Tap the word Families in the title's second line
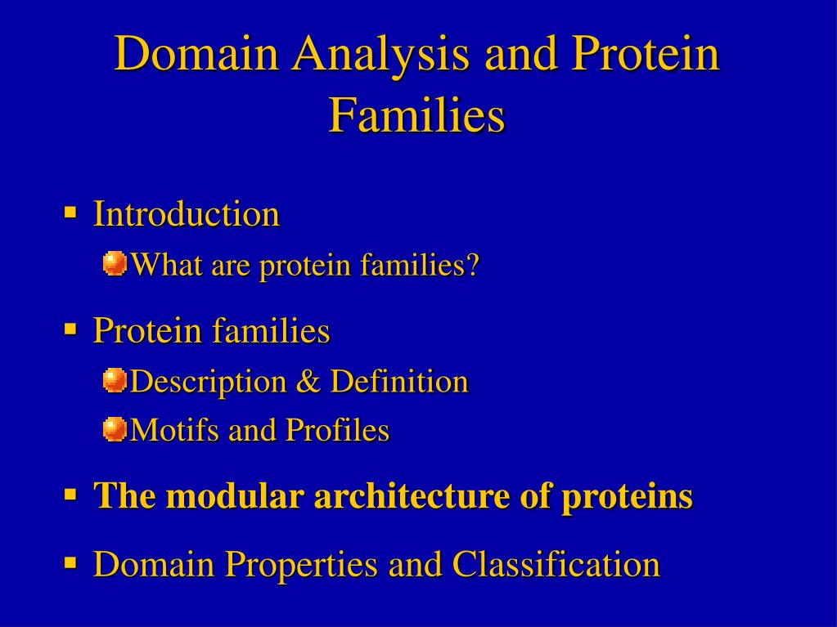click(416, 114)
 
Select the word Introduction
click(187, 214)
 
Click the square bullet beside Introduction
click(70, 213)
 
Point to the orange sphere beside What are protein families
click(115, 263)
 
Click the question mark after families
click(473, 264)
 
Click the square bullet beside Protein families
click(70, 329)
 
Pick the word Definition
click(399, 381)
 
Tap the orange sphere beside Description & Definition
click(115, 380)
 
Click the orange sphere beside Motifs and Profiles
click(115, 429)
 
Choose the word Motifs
click(174, 430)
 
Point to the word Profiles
click(337, 430)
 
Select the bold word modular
click(235, 495)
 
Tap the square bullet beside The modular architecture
click(70, 495)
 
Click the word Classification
click(556, 563)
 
